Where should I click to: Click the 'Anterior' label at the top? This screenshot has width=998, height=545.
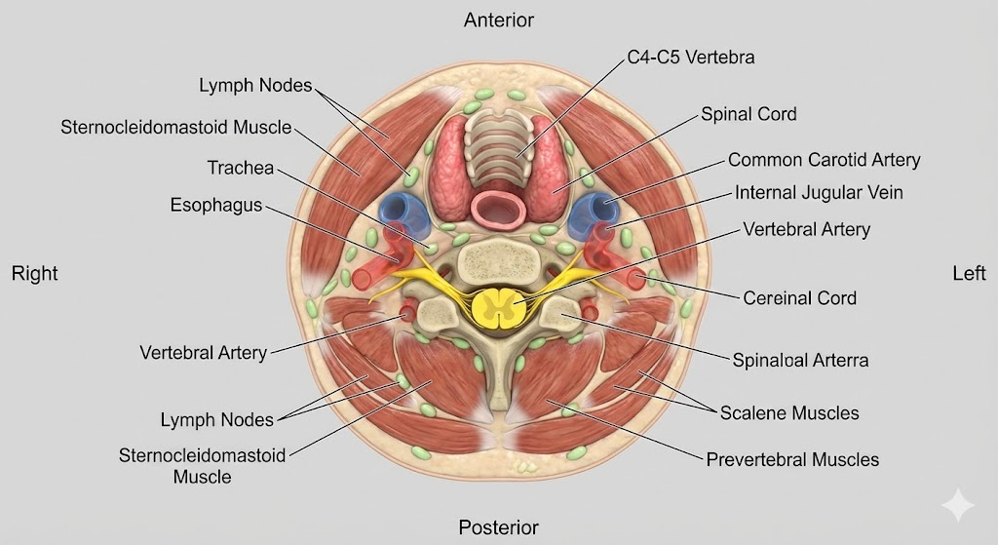(498, 19)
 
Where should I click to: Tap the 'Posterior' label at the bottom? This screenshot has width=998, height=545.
(498, 527)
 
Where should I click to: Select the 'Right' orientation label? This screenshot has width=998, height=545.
(35, 274)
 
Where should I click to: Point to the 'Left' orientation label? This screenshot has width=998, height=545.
(969, 274)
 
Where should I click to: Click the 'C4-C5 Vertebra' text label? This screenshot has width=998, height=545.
(692, 58)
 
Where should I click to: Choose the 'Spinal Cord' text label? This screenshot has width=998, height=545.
(748, 114)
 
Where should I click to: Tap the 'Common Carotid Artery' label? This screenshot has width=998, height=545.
(824, 159)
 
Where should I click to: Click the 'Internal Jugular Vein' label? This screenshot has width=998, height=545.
(819, 193)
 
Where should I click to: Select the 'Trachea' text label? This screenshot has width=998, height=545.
(240, 168)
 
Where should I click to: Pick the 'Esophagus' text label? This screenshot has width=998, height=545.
(215, 206)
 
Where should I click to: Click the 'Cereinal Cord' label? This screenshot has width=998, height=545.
(799, 297)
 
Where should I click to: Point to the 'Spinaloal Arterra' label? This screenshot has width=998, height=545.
(800, 360)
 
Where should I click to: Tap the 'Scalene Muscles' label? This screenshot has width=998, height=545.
(789, 412)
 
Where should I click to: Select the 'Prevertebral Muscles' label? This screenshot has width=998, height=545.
(792, 459)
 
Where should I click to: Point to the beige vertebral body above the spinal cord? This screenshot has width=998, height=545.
(498, 260)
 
